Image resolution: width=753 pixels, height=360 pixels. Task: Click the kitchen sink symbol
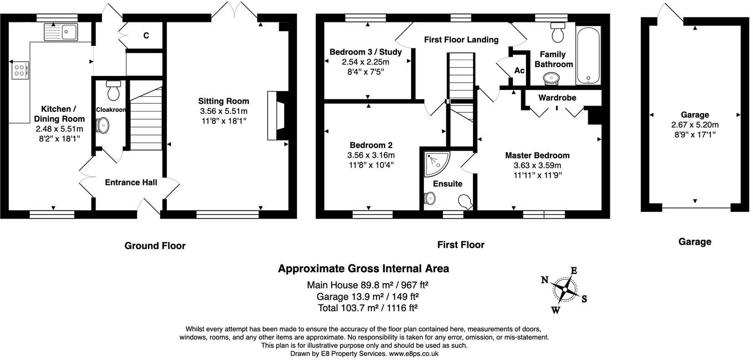coord(61,32)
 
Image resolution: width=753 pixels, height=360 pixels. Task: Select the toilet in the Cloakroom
coord(113,90)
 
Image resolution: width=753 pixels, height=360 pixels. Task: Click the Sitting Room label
coord(223,101)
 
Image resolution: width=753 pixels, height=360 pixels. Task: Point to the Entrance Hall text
coord(131,182)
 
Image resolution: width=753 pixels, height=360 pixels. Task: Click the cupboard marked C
coord(146,35)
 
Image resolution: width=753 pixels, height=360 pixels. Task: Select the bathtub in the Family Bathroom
coord(588,55)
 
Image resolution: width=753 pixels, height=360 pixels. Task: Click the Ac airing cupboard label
coord(519,70)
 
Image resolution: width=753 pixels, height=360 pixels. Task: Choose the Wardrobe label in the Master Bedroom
coord(557,98)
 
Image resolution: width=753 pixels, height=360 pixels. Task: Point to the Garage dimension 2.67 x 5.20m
coord(695,125)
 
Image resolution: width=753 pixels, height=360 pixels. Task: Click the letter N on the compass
coord(544,280)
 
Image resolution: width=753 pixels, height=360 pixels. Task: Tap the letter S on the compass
coord(584,299)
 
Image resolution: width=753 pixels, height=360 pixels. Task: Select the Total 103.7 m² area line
coord(367,308)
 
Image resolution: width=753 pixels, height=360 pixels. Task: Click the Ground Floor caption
coord(155,246)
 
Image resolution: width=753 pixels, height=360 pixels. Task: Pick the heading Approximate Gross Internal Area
coord(363,269)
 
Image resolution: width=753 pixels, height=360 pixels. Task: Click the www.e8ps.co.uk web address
coord(413,353)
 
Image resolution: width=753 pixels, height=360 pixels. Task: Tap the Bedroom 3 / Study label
coord(366,52)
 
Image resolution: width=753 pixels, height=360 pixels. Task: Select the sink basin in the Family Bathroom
coord(552,79)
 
